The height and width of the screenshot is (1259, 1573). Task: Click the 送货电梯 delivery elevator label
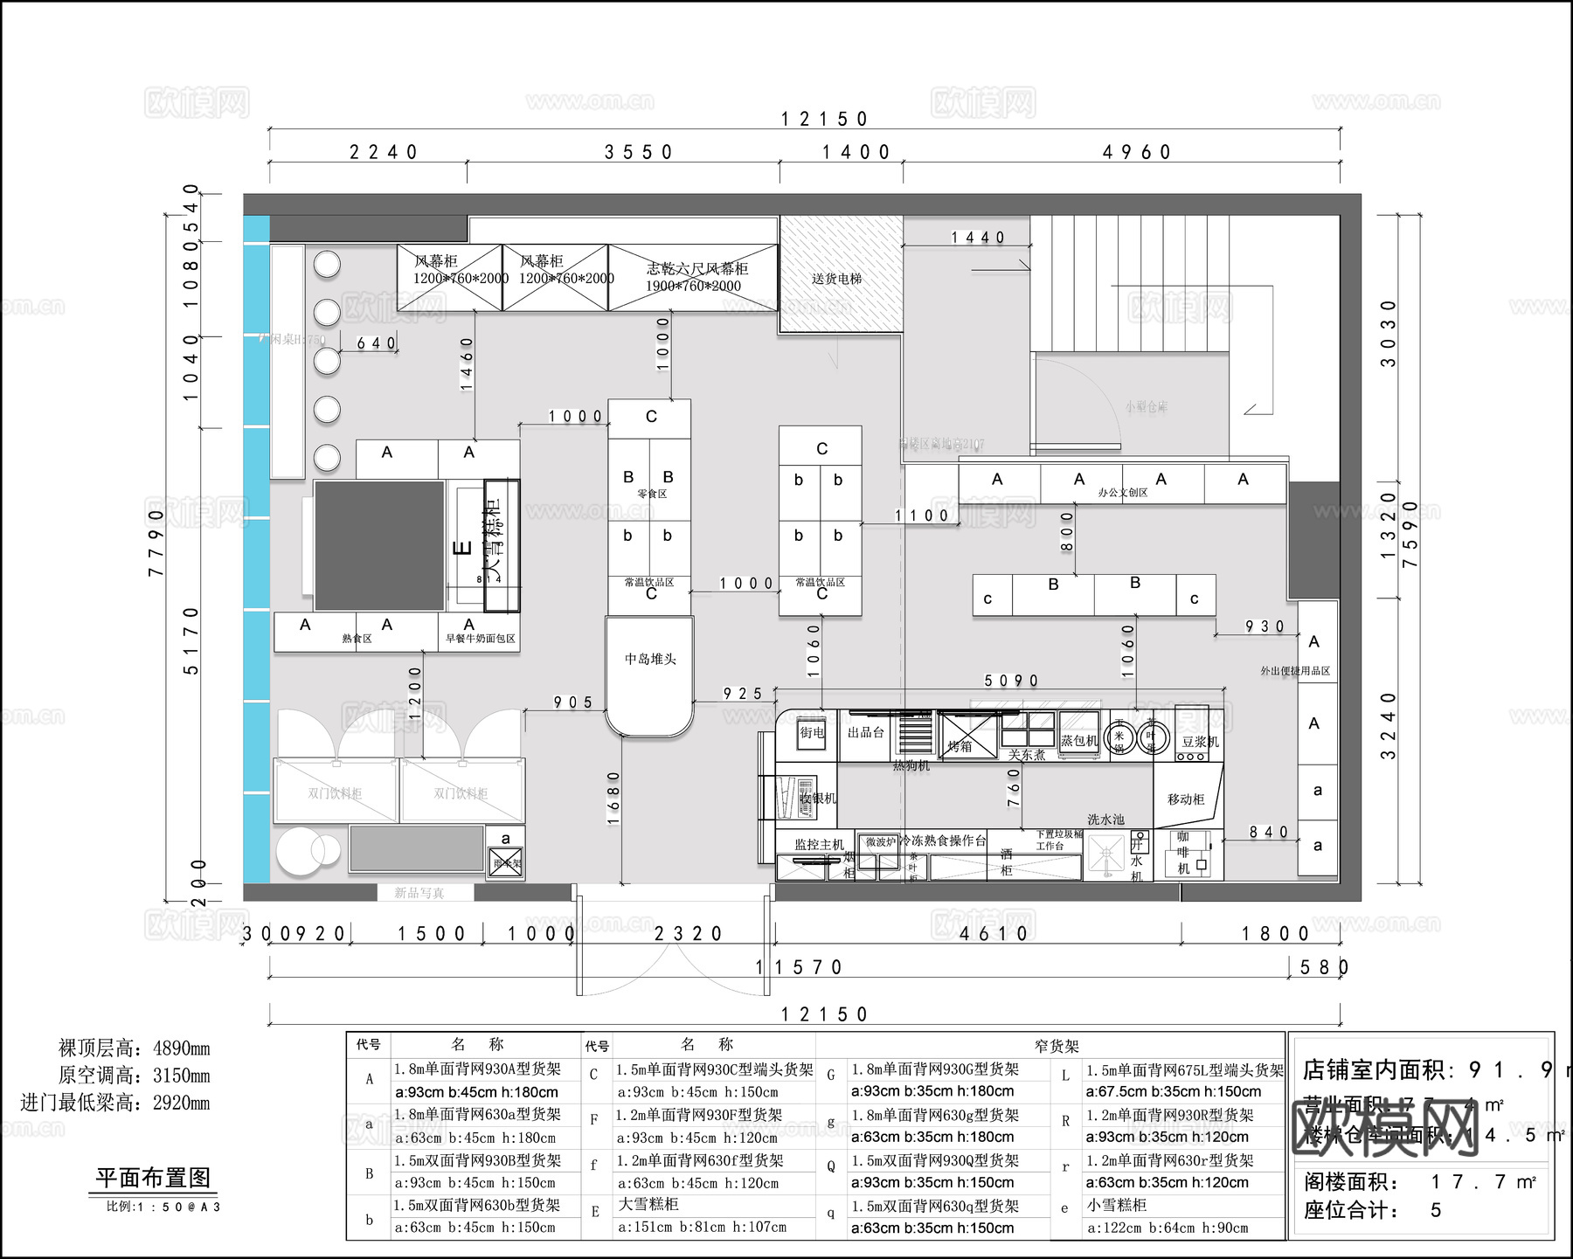coord(836,279)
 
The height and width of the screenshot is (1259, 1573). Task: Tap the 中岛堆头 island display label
coord(650,659)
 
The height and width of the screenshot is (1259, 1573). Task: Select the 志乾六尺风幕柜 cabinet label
coord(696,268)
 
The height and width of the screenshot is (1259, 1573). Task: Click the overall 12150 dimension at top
coord(824,119)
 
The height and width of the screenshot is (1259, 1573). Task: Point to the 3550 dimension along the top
coord(639,152)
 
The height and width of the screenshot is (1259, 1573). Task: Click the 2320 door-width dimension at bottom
coord(689,934)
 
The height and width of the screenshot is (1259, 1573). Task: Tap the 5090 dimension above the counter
coord(1011,681)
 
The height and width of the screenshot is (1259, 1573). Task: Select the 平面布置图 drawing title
coord(153,1178)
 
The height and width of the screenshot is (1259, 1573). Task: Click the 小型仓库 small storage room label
coord(1146,407)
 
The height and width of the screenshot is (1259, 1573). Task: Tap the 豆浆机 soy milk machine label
coord(1200,742)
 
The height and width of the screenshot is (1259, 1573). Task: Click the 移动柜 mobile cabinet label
coord(1186,799)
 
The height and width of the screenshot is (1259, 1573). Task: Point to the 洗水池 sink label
coord(1105,820)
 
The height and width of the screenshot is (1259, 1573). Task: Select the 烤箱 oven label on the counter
coord(960,746)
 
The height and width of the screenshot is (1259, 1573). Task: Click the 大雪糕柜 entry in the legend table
coord(648,1205)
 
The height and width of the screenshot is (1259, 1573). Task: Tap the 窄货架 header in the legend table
coord(1057,1046)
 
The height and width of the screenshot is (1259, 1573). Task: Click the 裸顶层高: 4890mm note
coord(134,1048)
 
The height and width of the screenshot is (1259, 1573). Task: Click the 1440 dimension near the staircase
coord(978,238)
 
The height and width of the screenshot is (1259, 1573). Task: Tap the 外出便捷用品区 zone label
coord(1294,671)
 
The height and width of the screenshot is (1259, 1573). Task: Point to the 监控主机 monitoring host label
coord(819,845)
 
